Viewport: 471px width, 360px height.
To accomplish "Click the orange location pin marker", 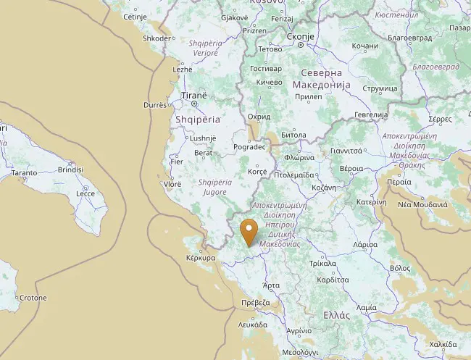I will (249, 232).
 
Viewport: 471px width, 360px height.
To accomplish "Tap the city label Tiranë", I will (193, 96).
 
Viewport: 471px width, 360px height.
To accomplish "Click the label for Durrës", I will (155, 105).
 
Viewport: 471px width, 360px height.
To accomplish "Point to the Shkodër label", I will (158, 38).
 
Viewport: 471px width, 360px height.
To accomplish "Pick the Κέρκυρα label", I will (201, 258).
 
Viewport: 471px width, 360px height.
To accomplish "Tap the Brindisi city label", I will (70, 169).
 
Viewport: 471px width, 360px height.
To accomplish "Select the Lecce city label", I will (86, 194).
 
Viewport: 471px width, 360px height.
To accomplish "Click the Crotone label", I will (33, 298).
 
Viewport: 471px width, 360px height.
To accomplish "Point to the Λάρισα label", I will (364, 245).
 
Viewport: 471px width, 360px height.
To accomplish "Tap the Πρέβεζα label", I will (257, 304).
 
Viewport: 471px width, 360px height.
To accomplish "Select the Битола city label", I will (293, 135).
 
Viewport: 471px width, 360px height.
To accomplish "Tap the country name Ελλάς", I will (337, 315).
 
